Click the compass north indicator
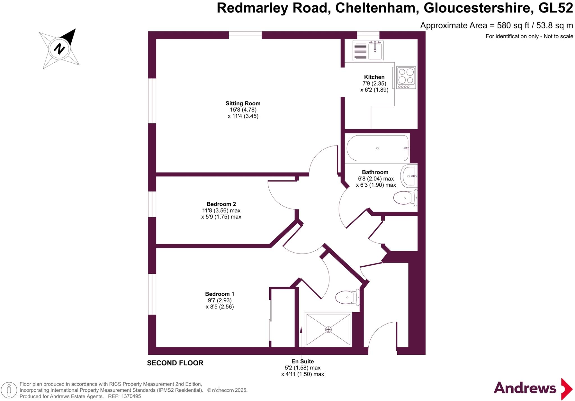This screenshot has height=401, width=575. pos(59,49)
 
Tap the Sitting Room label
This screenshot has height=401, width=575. pos(243,103)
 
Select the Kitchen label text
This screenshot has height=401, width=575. pos(374,77)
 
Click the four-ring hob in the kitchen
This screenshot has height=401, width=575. pos(406,78)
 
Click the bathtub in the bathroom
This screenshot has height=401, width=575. pos(378,148)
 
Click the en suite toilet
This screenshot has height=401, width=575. pos(347,297)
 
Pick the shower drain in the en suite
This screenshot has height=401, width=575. pos(328,329)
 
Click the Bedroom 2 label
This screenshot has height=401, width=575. pos(221,204)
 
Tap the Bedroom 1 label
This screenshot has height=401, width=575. pos(220,294)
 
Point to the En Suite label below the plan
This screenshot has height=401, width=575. pos(303,361)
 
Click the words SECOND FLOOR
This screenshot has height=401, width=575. pos(175,363)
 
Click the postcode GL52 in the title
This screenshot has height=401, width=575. pos(555,8)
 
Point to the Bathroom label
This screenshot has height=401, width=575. pos(375,172)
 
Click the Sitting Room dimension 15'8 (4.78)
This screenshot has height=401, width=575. pos(243,110)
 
